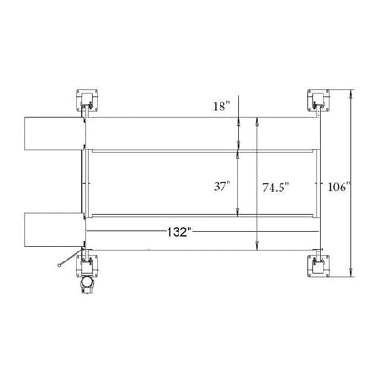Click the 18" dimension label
coord(221,108)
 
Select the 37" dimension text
coord(222,186)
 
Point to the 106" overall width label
coord(338,188)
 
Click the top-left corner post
coord(86,100)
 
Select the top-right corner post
coord(318,100)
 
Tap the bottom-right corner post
coord(318,263)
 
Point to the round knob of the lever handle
coord(56,265)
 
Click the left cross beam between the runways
coord(87,181)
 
